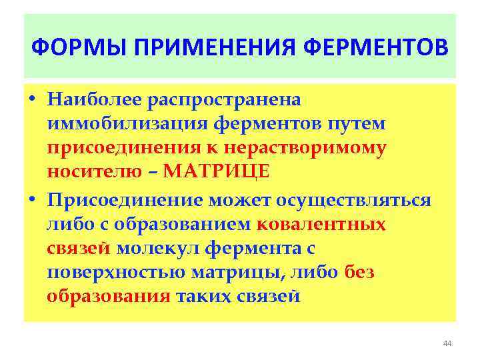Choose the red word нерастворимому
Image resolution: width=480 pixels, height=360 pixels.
point(304,147)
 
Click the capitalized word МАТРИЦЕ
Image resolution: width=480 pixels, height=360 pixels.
point(217,171)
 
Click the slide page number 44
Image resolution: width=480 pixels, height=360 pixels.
point(447,343)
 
